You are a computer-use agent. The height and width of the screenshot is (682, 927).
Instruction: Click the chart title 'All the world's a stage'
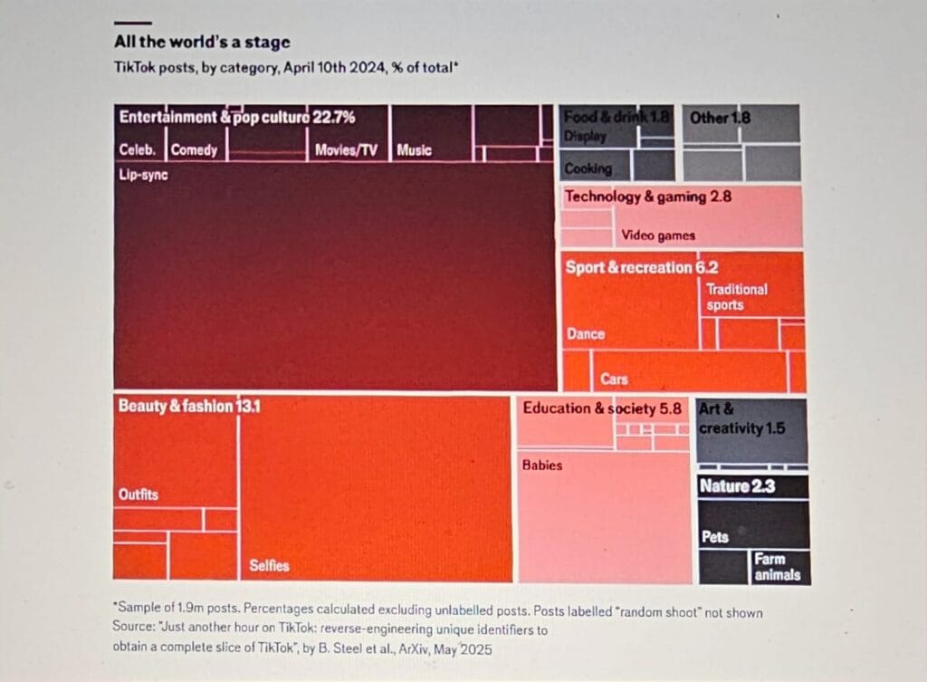(x=202, y=43)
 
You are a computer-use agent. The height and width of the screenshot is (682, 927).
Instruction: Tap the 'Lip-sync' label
(x=143, y=175)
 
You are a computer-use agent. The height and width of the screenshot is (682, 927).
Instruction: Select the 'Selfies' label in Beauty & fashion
(x=269, y=565)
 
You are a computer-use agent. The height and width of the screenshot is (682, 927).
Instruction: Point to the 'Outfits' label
(x=138, y=495)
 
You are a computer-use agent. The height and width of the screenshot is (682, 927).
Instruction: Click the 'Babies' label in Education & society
(x=542, y=466)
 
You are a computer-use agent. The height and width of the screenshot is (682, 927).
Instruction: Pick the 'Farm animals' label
(x=776, y=566)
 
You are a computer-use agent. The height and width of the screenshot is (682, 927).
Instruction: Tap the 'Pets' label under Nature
(x=715, y=537)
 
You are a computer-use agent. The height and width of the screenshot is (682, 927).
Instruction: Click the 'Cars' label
(x=614, y=379)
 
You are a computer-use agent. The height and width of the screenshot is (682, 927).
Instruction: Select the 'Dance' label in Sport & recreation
(x=585, y=334)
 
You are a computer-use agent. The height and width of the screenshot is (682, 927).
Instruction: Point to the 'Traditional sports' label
(x=736, y=297)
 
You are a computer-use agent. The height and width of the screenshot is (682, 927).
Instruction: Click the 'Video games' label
(x=658, y=236)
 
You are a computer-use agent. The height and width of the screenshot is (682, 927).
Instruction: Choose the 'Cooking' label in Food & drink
(x=588, y=168)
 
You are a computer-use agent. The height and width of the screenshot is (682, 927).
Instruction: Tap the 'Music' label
(x=414, y=150)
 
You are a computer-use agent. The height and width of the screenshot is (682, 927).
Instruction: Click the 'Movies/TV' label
(x=346, y=150)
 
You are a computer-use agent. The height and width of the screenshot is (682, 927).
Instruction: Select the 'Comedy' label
(x=194, y=150)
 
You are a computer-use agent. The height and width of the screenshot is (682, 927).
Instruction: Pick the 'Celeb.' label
(x=138, y=150)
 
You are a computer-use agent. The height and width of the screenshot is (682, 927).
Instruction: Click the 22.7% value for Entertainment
(x=334, y=117)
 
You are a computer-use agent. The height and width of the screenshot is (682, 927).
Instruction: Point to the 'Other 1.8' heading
(x=720, y=117)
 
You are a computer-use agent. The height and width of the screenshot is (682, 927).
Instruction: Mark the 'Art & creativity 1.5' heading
(x=741, y=418)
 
